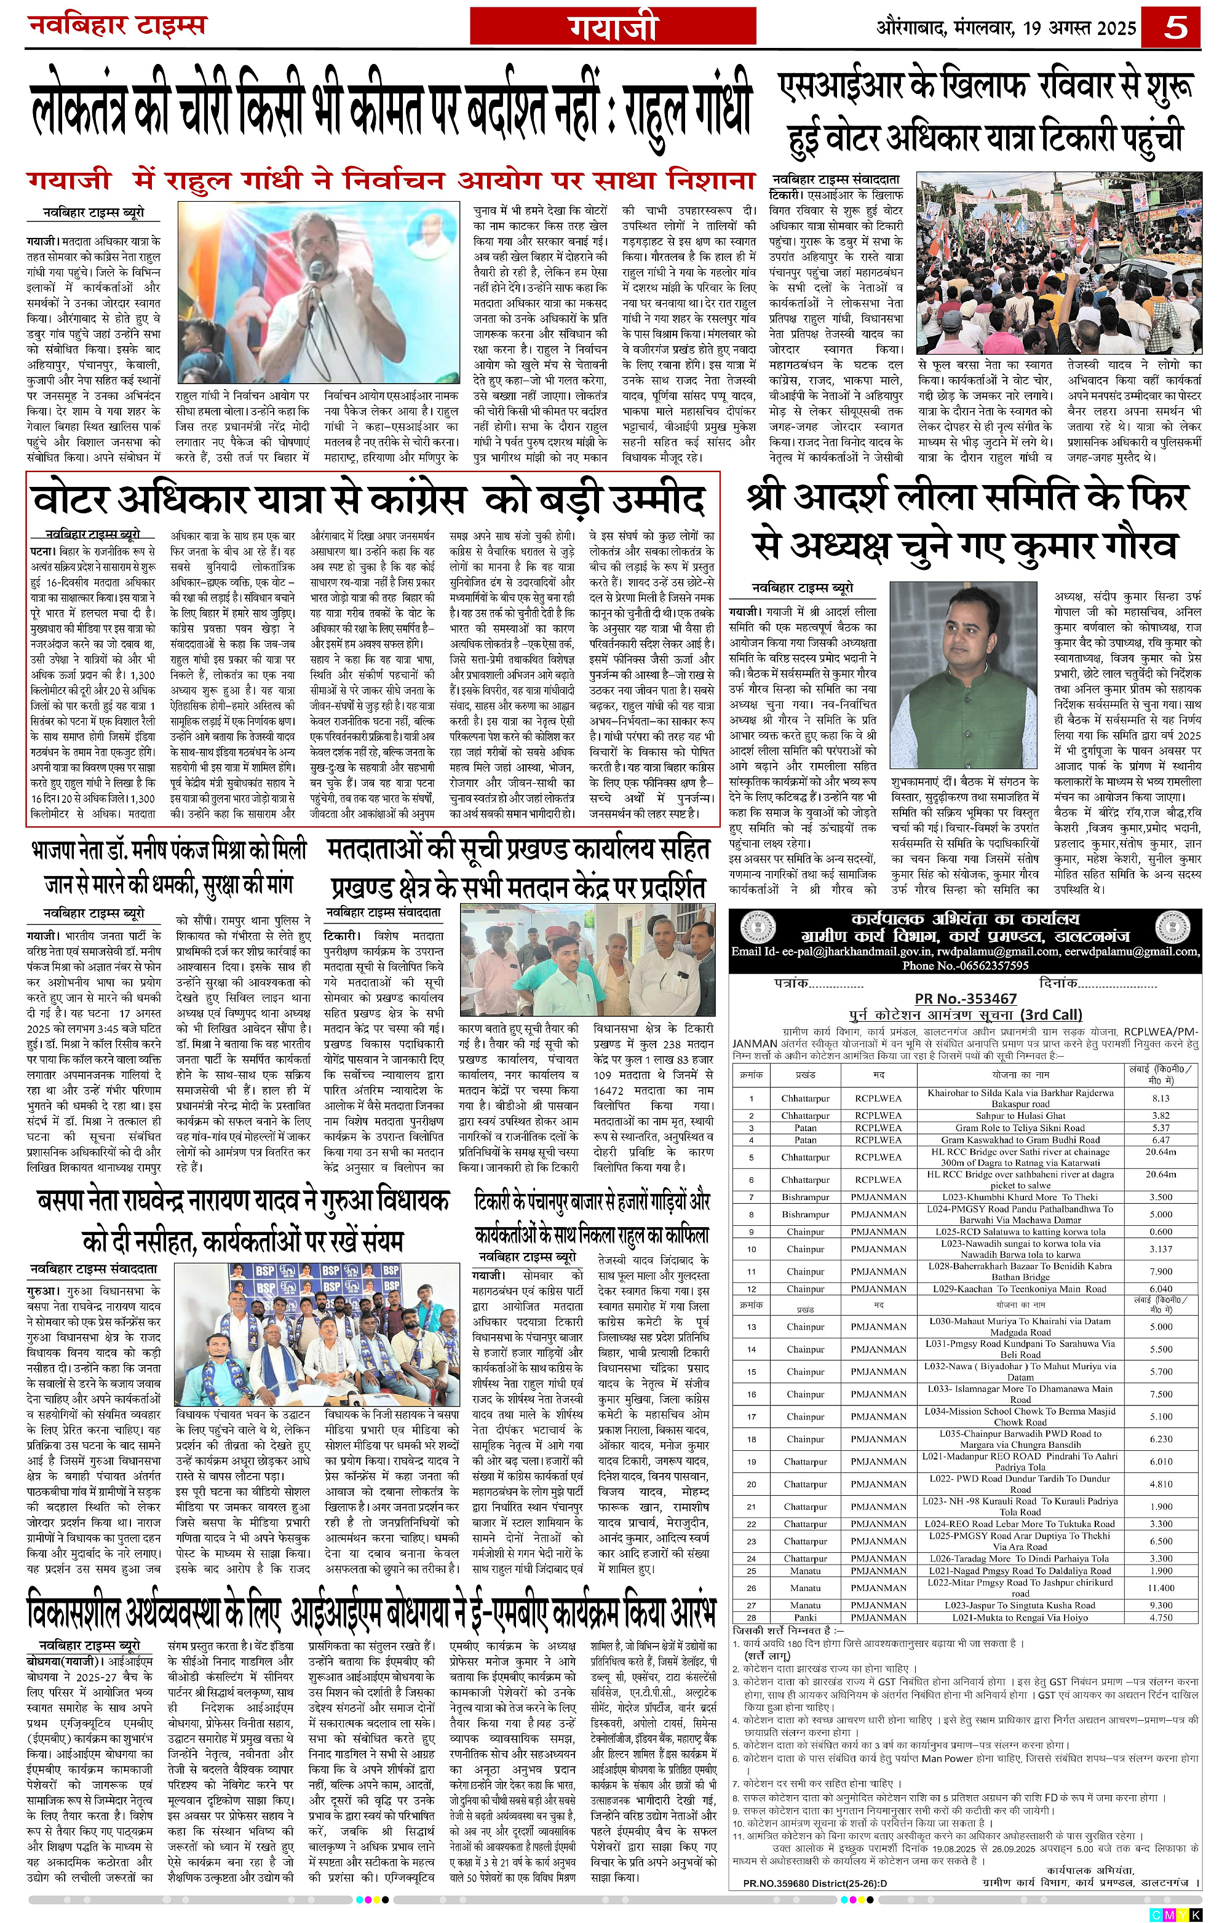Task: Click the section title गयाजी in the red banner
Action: pyautogui.click(x=613, y=26)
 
